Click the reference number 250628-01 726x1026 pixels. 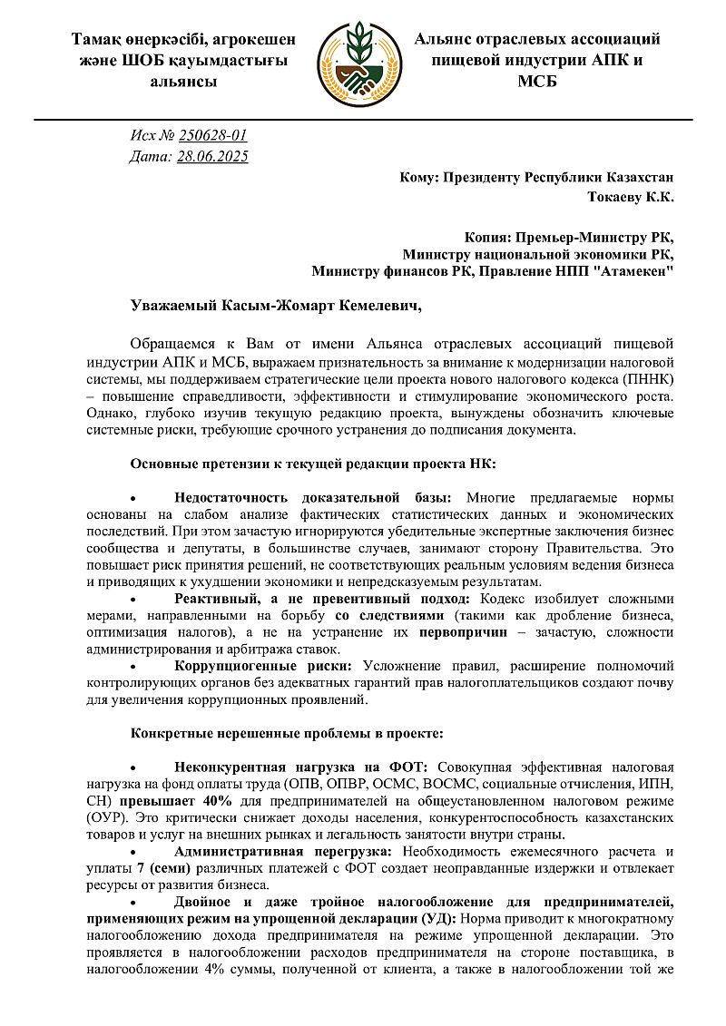tap(213, 136)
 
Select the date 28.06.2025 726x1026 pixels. tap(212, 156)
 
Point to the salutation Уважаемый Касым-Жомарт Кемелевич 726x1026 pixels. tap(277, 307)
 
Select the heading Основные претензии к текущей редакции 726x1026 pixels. tap(313, 464)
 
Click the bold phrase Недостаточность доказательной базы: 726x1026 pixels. tap(312, 497)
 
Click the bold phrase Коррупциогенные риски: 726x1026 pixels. tap(263, 666)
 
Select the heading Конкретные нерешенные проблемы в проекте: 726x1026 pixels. tap(287, 732)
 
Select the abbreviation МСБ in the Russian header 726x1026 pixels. tap(536, 82)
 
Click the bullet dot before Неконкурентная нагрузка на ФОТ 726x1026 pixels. tap(133, 768)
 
